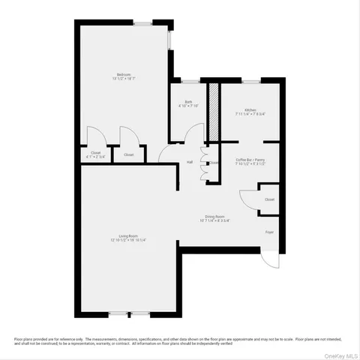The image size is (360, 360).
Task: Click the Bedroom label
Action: (124, 73)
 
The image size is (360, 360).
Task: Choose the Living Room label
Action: (128, 236)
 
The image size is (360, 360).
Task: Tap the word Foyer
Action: (269, 232)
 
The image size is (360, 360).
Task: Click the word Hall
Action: (190, 162)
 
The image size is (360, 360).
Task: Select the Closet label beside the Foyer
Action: (269, 199)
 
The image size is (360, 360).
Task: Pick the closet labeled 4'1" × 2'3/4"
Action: (95, 154)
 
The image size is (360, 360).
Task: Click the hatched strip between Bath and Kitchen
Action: (213, 112)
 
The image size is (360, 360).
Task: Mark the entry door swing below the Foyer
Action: (267, 259)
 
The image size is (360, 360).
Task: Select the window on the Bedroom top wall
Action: (142, 23)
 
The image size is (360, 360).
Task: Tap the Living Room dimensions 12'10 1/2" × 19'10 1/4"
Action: (128, 241)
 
